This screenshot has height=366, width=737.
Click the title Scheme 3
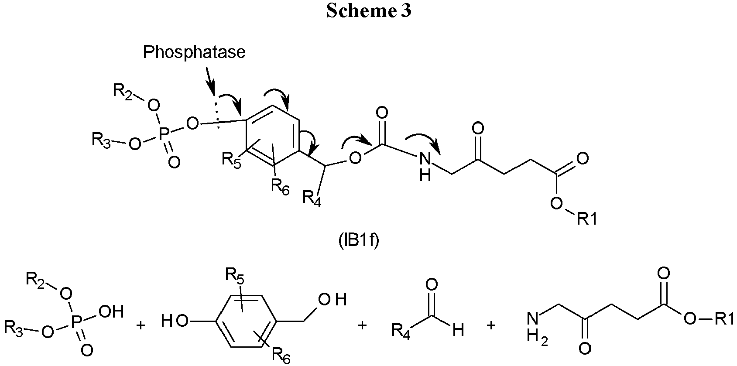[369, 11]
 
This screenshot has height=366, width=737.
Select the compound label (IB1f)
[359, 240]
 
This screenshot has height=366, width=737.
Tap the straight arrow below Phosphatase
[211, 81]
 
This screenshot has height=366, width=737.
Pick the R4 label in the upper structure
[312, 198]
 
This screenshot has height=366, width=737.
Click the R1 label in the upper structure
[587, 219]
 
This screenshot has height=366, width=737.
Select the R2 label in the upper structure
[123, 91]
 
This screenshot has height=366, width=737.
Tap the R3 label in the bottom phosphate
[14, 328]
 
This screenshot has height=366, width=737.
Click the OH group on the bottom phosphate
[111, 311]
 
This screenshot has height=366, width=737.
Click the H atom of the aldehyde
[458, 329]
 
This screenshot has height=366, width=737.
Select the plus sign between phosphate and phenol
[141, 325]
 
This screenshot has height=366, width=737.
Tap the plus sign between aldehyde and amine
[491, 325]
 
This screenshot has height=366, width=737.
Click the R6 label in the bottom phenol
[281, 356]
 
